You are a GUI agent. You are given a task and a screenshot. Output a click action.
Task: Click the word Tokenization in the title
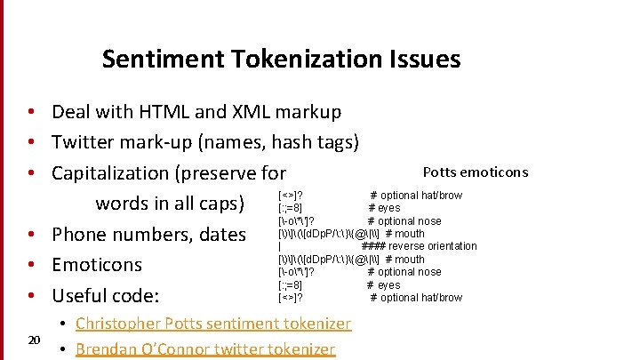[x=305, y=60]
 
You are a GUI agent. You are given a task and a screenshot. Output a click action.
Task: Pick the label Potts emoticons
[x=475, y=172]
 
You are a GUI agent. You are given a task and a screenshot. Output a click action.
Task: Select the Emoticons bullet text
[x=97, y=265]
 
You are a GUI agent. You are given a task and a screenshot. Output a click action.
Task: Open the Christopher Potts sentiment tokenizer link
[x=213, y=324]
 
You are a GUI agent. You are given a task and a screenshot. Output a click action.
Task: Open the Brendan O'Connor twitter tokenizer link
[x=205, y=349]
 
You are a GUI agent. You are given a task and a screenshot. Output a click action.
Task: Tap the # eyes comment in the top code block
[x=385, y=208]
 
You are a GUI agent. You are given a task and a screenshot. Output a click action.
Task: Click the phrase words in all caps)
[x=170, y=203]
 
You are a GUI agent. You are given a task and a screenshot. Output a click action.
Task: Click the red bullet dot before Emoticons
[x=31, y=265]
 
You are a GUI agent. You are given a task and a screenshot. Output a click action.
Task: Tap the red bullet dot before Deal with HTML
[x=31, y=112]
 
